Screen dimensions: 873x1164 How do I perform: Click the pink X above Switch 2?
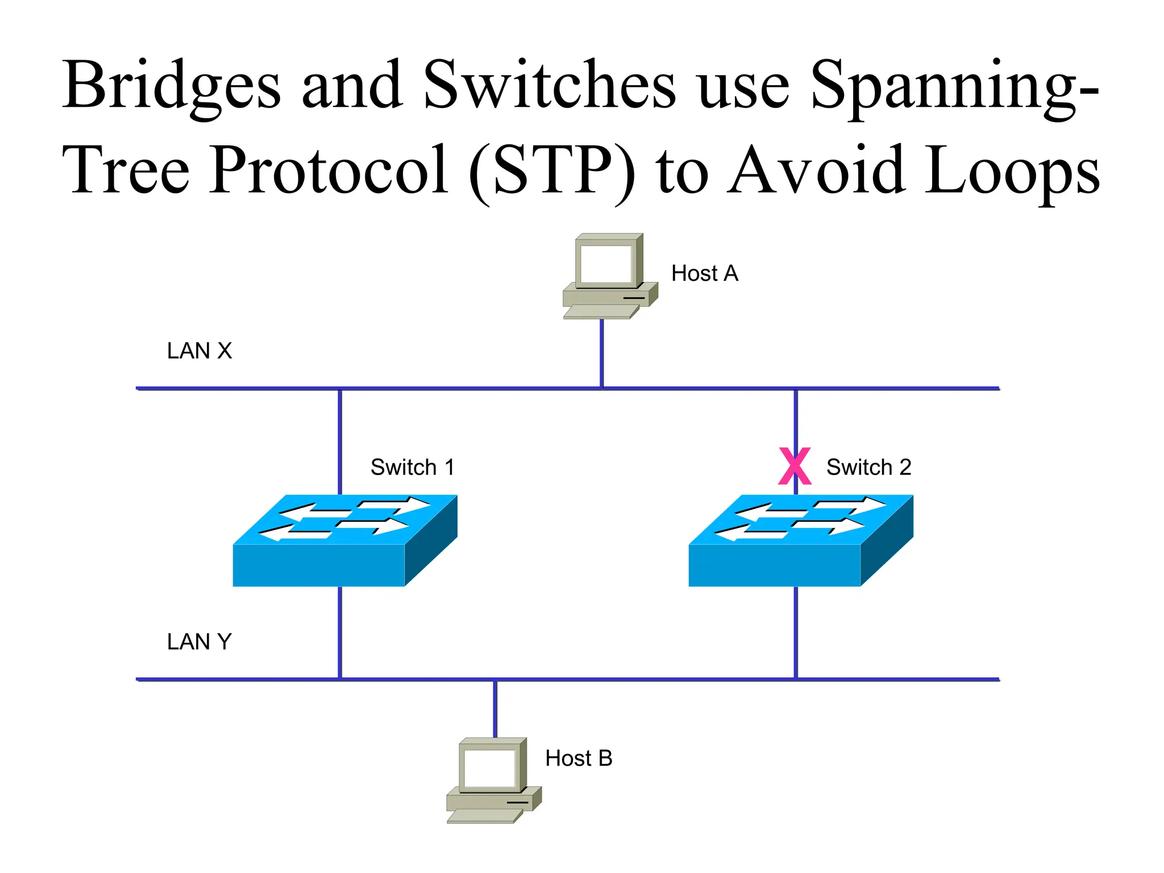pyautogui.click(x=795, y=466)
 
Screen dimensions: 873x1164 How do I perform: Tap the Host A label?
pyautogui.click(x=704, y=273)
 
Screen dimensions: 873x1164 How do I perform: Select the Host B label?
pyautogui.click(x=579, y=758)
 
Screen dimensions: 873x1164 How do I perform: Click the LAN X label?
pyautogui.click(x=199, y=351)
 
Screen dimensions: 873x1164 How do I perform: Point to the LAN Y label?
pyautogui.click(x=199, y=642)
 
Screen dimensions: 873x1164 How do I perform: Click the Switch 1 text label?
pyautogui.click(x=413, y=467)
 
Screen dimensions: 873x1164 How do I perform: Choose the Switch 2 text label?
pyautogui.click(x=868, y=467)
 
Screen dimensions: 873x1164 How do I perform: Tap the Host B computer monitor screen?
pyautogui.click(x=489, y=768)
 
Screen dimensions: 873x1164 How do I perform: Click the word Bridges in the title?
pyautogui.click(x=172, y=85)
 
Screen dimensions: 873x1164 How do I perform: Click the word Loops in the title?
pyautogui.click(x=1012, y=171)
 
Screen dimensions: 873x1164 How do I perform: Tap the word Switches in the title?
pyautogui.click(x=549, y=85)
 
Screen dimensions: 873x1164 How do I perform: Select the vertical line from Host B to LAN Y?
pyautogui.click(x=495, y=708)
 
